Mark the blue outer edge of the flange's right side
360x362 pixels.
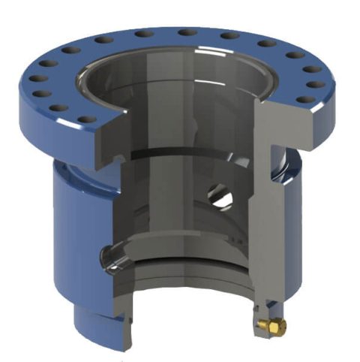click(330, 105)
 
